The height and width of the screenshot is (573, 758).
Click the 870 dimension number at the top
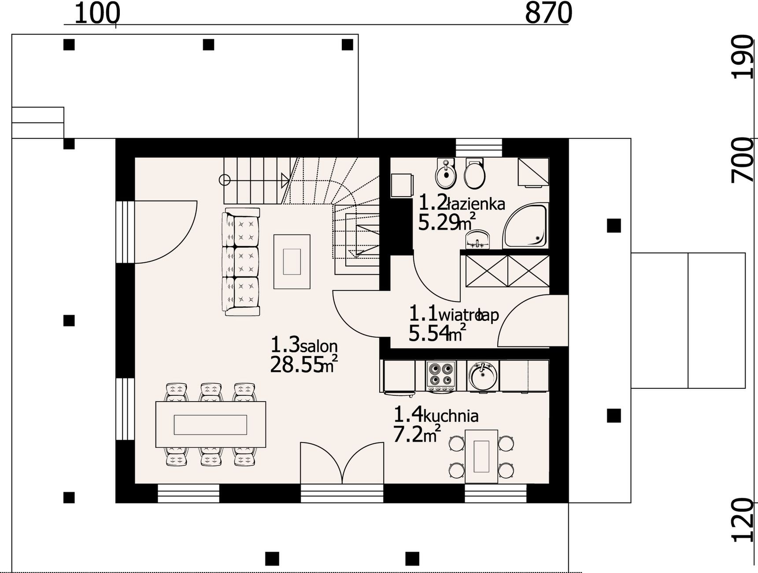coord(548,13)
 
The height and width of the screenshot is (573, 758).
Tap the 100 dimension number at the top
coord(96,13)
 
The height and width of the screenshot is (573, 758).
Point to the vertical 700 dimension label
coord(743,160)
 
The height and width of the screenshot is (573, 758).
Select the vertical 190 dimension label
coord(743,56)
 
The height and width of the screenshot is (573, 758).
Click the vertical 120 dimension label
coord(743,520)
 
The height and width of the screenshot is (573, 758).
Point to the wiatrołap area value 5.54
coord(429,333)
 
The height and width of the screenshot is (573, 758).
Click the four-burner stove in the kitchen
coord(441,375)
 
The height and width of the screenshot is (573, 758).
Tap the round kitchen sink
coord(483,376)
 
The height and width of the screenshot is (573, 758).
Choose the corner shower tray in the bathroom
coord(526,225)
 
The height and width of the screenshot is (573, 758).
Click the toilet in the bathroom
coord(475,173)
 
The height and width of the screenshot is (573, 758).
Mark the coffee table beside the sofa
coord(292,262)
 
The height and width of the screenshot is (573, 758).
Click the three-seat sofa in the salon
coord(240,262)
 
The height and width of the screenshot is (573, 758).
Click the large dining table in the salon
coord(211,424)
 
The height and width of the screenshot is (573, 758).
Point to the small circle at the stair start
coord(225,180)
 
